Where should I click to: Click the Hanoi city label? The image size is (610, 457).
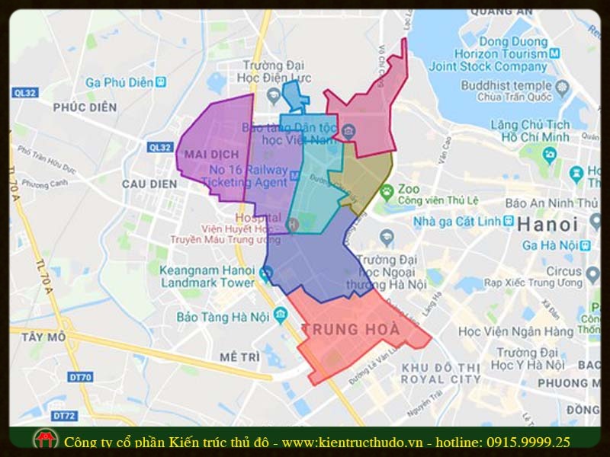click(x=547, y=225)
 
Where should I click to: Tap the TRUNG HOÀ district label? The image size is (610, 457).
click(x=352, y=330)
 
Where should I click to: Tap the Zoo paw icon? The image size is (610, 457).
click(x=387, y=190)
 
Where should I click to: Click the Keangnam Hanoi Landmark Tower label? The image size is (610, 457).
click(x=207, y=276)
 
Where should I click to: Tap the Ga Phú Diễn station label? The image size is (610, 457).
click(x=120, y=81)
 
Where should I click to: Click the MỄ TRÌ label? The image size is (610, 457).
click(x=239, y=356)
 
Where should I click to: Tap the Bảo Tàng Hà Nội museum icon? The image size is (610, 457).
click(x=280, y=313)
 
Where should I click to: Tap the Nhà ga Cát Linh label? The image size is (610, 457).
click(x=463, y=222)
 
